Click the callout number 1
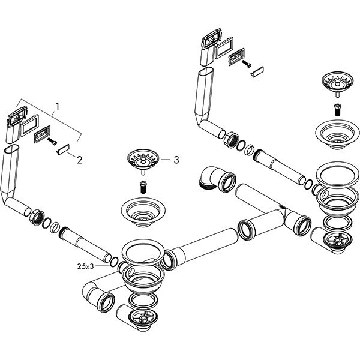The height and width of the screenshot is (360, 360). (58, 107)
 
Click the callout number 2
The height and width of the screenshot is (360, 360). (79, 160)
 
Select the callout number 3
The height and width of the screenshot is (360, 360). (176, 160)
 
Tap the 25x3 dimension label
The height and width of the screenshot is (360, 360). (85, 266)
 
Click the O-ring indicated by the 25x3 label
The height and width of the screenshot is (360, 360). (114, 262)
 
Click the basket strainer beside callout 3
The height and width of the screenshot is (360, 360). (143, 162)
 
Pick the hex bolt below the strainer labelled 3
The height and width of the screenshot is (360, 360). (143, 187)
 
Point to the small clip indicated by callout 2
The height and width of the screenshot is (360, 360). (63, 149)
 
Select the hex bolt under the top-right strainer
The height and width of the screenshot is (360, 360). (337, 109)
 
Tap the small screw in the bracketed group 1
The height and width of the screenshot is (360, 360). (52, 141)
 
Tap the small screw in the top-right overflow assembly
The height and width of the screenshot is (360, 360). (247, 64)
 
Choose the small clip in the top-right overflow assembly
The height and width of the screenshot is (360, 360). (257, 72)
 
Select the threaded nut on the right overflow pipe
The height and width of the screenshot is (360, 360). (232, 140)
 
